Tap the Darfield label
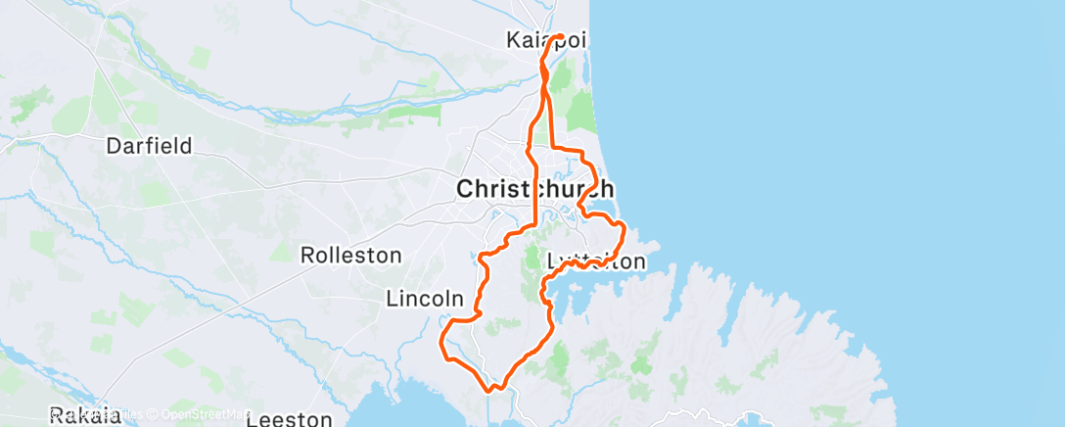click(x=149, y=147)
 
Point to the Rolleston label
click(x=350, y=256)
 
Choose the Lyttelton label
click(x=594, y=261)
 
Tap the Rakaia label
click(x=85, y=416)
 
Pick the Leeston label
click(x=289, y=419)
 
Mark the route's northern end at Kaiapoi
click(x=560, y=37)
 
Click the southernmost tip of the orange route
click(x=488, y=389)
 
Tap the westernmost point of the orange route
click(x=442, y=345)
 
